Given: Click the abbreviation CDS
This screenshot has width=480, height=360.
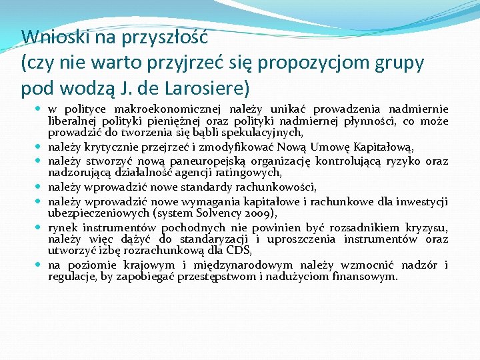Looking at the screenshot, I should (x=238, y=251).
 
